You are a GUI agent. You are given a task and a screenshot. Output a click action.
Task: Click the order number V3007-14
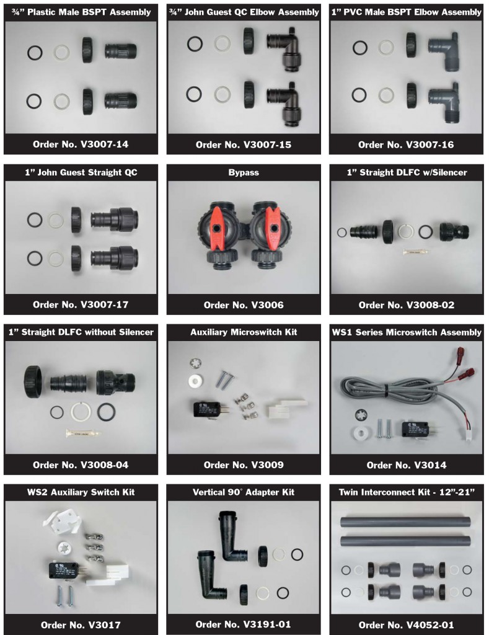click(x=81, y=144)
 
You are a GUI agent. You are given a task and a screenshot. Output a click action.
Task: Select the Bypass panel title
click(x=244, y=172)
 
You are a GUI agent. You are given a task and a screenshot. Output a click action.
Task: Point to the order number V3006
click(x=244, y=304)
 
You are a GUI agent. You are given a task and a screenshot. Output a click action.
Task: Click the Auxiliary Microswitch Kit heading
click(x=244, y=332)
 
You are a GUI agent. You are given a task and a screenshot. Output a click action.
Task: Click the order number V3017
click(x=81, y=624)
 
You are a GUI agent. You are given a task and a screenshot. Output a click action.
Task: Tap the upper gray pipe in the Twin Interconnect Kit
click(x=405, y=522)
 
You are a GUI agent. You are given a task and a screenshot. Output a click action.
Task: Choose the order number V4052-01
click(x=406, y=624)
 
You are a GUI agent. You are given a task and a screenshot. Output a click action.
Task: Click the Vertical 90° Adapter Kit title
click(x=244, y=492)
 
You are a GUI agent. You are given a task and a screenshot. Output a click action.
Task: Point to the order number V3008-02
click(x=406, y=304)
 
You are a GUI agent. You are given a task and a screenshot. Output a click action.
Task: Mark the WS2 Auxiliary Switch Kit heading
click(x=81, y=492)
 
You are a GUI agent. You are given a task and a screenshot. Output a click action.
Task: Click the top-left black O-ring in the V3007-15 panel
click(x=195, y=43)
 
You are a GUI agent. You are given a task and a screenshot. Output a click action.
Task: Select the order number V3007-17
click(x=81, y=304)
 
